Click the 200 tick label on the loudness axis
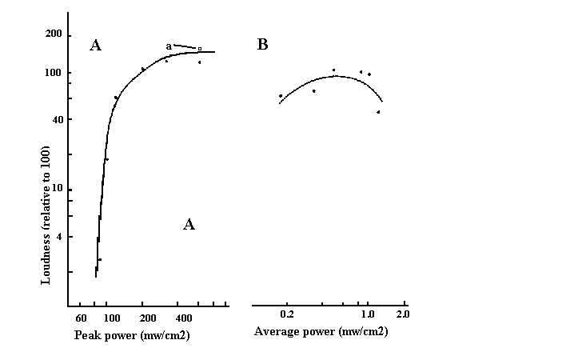point(54,34)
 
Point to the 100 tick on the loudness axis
point(54,74)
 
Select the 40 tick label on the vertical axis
point(55,120)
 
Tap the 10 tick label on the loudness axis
point(56,190)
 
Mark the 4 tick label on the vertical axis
point(58,237)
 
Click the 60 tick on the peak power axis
point(81,319)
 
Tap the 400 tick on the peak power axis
point(184,319)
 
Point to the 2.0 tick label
point(402,315)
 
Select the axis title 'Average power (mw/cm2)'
point(321,330)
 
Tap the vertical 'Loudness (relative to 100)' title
point(46,214)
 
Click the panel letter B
point(262,45)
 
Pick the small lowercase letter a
point(169,46)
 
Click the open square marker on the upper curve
point(200,50)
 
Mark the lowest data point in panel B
point(378,112)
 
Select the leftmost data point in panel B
point(281,96)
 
